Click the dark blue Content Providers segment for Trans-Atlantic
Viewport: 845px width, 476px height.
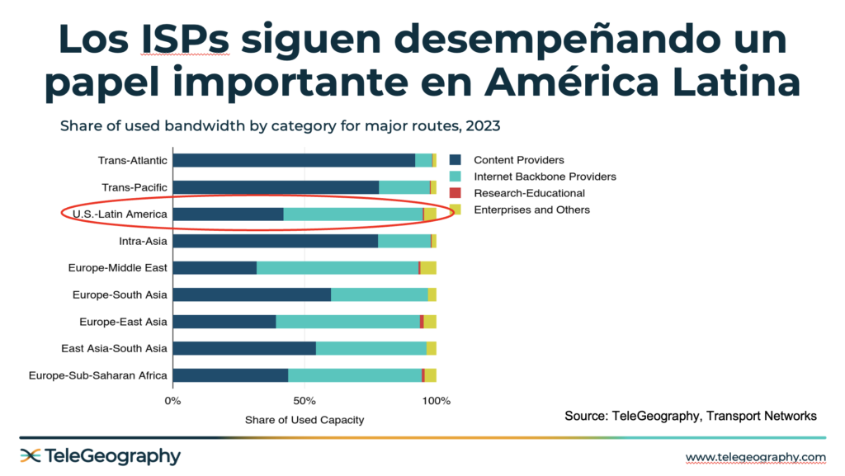point(294,161)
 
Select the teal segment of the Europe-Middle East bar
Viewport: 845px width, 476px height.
point(338,268)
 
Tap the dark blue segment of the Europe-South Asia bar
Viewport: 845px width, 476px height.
point(252,295)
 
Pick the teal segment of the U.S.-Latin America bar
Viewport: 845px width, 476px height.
point(353,214)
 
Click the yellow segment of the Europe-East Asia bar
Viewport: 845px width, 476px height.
point(430,322)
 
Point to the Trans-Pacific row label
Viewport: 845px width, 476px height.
point(134,187)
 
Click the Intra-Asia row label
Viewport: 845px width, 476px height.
point(144,241)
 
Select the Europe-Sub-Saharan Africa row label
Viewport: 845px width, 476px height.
point(98,375)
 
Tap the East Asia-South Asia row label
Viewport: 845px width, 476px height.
point(115,348)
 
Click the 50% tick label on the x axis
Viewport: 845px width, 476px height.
point(304,402)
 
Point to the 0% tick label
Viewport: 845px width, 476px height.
point(172,402)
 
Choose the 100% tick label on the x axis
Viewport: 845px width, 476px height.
point(436,402)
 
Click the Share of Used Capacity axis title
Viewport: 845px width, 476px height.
point(304,420)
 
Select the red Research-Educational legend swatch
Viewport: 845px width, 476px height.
point(454,193)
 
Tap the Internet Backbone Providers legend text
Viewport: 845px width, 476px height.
point(545,177)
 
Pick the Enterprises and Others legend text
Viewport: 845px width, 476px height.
point(531,210)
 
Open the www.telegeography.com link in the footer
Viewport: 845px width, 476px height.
point(755,457)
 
